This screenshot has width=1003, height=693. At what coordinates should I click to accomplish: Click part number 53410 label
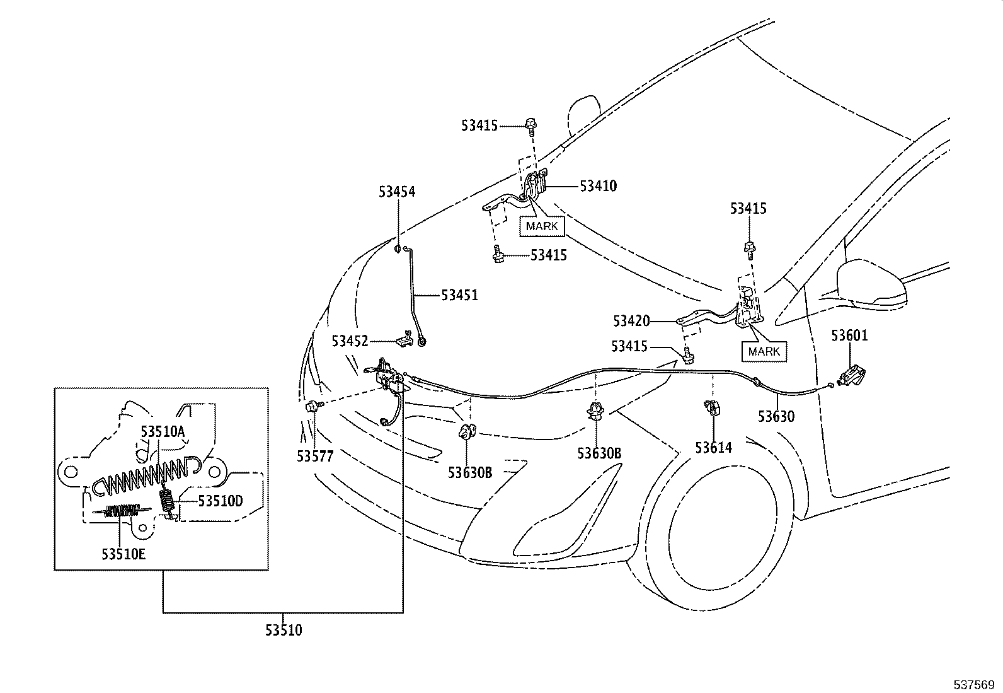[598, 186]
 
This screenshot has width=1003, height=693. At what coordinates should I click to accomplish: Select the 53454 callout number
[397, 192]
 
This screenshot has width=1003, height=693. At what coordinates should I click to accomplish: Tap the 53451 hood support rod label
[459, 295]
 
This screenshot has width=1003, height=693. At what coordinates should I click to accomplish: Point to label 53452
[350, 341]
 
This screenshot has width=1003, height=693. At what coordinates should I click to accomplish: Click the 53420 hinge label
[631, 321]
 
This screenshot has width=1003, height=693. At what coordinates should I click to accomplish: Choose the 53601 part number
[849, 335]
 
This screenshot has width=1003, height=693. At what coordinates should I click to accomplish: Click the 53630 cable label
[776, 416]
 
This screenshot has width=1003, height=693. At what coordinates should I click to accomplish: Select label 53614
[714, 448]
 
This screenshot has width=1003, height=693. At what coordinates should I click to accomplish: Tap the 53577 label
[315, 455]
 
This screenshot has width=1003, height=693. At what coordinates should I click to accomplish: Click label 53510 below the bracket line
[283, 630]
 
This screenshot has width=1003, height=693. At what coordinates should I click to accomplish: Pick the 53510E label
[123, 554]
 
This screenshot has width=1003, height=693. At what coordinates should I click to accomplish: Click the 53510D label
[221, 501]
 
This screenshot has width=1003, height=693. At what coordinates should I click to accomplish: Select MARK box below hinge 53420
[764, 351]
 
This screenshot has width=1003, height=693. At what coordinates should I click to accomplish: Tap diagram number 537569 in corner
[973, 684]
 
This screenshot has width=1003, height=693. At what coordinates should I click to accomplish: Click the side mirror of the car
[873, 281]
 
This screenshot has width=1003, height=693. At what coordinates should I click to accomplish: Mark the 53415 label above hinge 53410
[479, 125]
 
